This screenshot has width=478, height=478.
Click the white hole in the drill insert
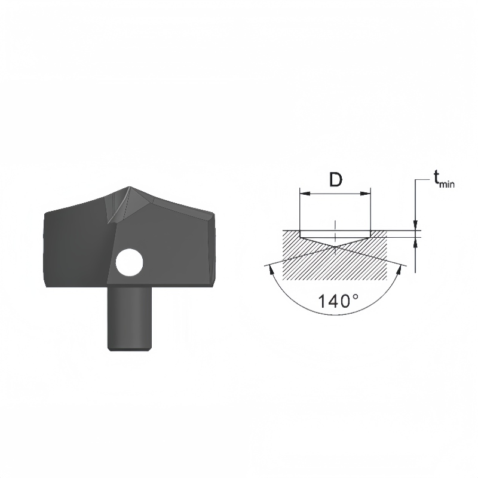130,262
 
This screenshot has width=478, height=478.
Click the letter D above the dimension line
336,180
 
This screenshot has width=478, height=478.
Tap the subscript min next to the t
446,185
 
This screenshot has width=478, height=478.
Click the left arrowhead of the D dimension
303,194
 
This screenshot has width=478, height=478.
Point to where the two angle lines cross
336,246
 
